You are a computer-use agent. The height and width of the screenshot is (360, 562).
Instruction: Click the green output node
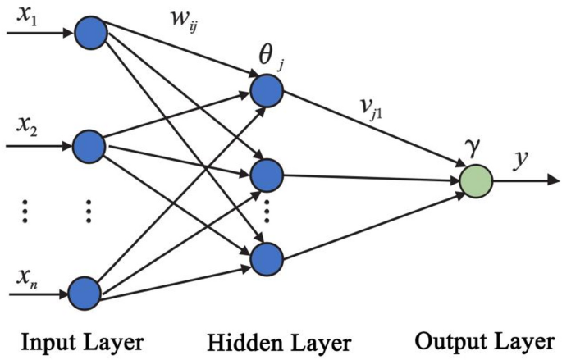click(476, 180)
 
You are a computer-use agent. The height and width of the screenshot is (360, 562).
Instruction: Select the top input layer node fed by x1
click(89, 34)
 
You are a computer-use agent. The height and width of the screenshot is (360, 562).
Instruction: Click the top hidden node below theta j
click(266, 91)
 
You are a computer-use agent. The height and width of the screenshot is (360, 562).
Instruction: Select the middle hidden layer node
click(267, 174)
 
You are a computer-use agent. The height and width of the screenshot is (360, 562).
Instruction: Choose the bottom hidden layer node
click(266, 259)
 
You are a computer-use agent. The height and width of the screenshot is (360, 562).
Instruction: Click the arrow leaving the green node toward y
click(525, 180)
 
